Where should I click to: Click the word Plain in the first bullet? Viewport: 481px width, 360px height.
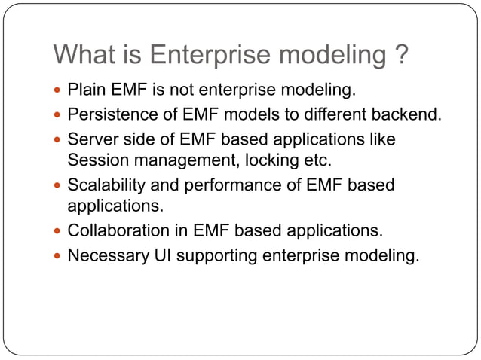pos(85,91)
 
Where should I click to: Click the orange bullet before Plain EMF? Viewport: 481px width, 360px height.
pos(58,92)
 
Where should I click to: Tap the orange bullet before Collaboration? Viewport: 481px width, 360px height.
pos(58,231)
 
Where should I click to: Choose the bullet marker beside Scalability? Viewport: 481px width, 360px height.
pos(58,186)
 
